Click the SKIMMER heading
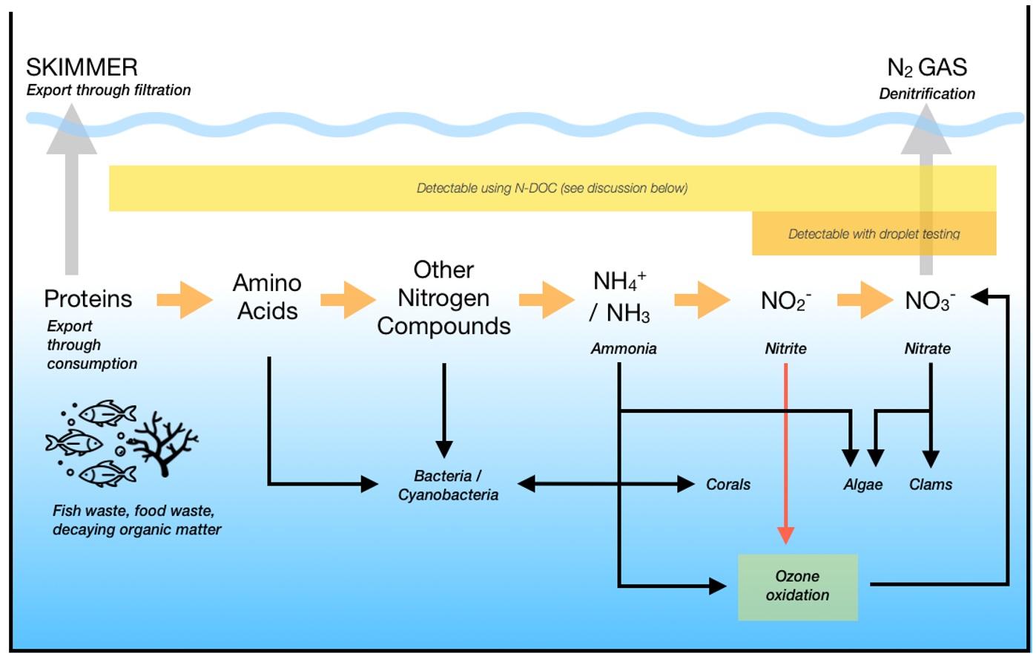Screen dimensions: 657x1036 (82, 68)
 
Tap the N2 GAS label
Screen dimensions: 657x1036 (927, 68)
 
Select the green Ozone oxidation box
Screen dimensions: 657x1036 (798, 586)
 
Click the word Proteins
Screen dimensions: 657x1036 (88, 298)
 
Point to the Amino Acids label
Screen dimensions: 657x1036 (267, 297)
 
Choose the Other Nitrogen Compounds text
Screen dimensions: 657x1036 (443, 298)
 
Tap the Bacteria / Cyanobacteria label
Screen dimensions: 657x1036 (448, 486)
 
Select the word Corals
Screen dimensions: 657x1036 (728, 485)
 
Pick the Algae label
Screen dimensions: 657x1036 (863, 485)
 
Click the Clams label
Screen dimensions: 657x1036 (931, 485)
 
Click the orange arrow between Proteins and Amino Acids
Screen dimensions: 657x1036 (185, 300)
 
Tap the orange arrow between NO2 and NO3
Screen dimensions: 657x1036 (865, 300)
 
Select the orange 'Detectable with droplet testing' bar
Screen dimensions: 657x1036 (874, 234)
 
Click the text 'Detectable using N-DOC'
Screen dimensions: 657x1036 (486, 189)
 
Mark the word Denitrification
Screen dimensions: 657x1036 (927, 94)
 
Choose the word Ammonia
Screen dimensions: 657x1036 (624, 349)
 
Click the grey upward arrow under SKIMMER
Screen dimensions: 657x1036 (71, 193)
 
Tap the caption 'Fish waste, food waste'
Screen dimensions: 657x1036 (133, 511)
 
